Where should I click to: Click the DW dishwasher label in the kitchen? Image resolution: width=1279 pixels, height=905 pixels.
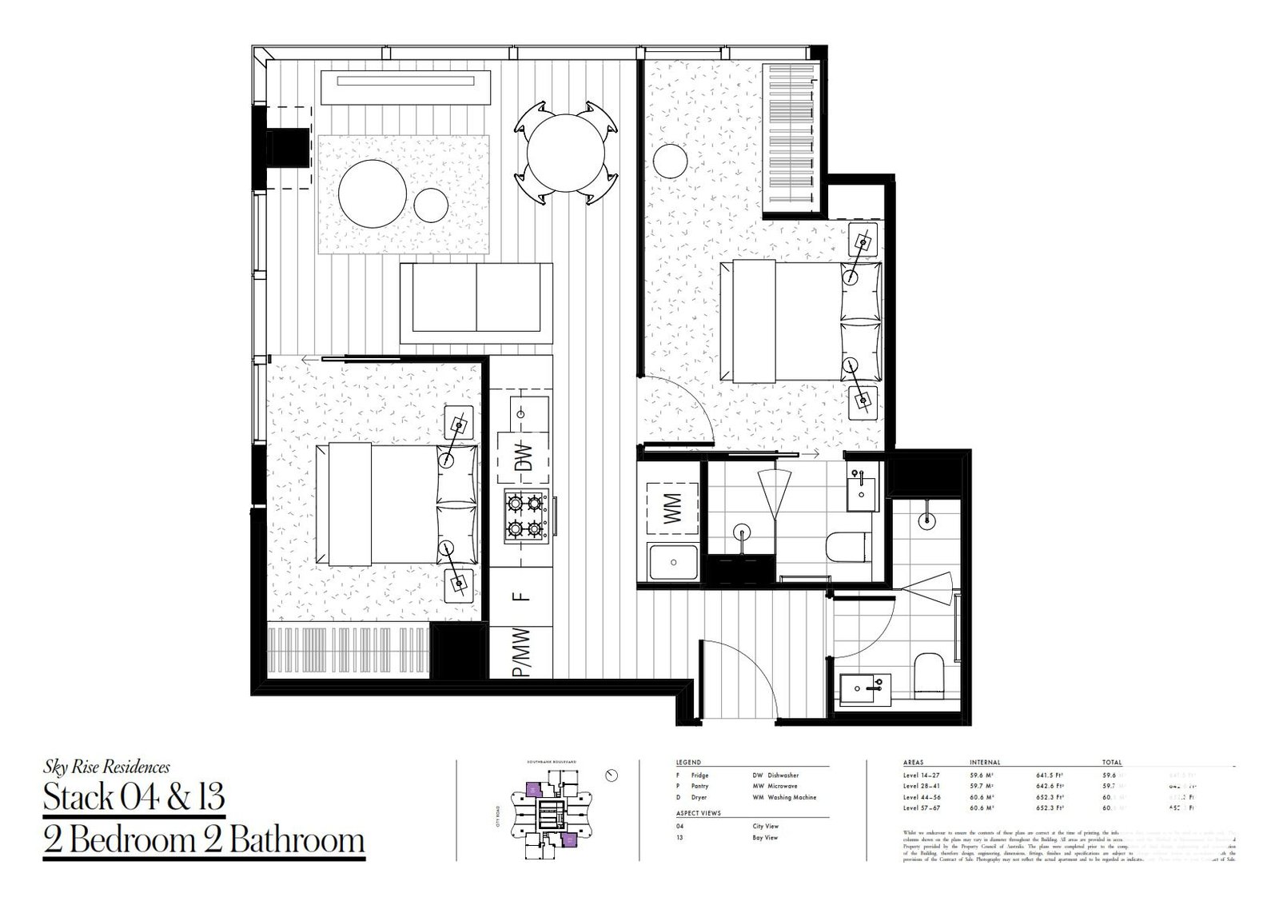pyautogui.click(x=524, y=456)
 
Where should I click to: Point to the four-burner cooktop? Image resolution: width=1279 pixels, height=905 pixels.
pyautogui.click(x=524, y=516)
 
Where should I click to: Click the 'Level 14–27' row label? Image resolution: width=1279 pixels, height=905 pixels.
pyautogui.click(x=921, y=775)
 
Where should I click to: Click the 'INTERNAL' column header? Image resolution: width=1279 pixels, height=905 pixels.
pyautogui.click(x=985, y=763)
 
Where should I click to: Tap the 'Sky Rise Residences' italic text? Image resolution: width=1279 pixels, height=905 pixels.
pyautogui.click(x=106, y=767)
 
